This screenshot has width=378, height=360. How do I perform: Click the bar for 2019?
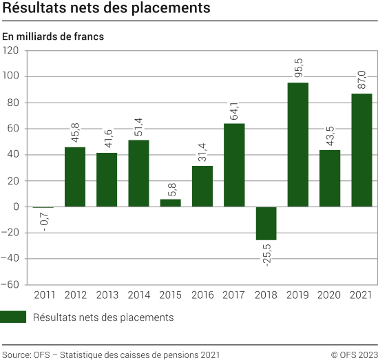coord(297,145)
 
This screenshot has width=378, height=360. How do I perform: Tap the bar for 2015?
coord(170,203)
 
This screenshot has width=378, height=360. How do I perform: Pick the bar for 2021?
coord(361,150)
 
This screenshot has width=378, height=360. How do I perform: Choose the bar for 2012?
coord(75,177)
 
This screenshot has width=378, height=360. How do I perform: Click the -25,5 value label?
coord(266,253)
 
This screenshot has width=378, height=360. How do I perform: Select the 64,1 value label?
coord(234,109)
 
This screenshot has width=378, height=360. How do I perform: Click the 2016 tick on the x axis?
coord(202,295)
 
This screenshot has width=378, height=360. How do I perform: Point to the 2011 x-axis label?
coord(43,295)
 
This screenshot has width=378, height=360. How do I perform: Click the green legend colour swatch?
coord(14,317)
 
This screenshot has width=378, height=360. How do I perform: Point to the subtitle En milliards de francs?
coord(52,36)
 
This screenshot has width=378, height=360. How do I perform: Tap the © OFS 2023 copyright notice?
coord(353,354)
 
